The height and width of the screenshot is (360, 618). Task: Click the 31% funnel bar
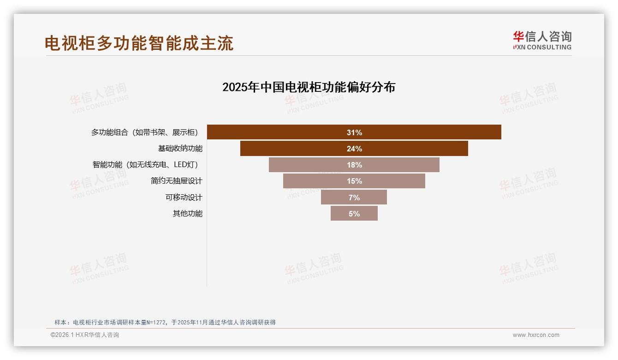pos(354,132)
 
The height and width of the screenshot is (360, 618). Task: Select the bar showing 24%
pos(354,149)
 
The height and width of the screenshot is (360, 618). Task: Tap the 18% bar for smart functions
pos(354,165)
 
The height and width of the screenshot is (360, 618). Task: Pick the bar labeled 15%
pos(354,181)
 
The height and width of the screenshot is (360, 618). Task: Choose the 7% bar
pos(354,197)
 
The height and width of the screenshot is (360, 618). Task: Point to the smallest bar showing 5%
pos(354,213)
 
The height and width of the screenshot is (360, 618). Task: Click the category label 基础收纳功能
pos(180,149)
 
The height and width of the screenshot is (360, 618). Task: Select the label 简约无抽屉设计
pos(176,181)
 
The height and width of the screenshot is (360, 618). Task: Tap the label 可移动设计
pos(184,197)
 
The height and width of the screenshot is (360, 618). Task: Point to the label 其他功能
pos(187,213)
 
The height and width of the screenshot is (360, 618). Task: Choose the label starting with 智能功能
pos(147,165)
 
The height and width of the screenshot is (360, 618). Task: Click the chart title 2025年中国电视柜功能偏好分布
pos(309,87)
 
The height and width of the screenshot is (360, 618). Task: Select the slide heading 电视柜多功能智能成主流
pos(139,43)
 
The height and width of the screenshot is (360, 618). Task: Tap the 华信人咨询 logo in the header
pos(542,37)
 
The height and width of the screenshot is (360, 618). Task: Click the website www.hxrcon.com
pos(535,335)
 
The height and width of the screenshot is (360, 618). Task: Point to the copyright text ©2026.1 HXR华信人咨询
pos(84,335)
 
